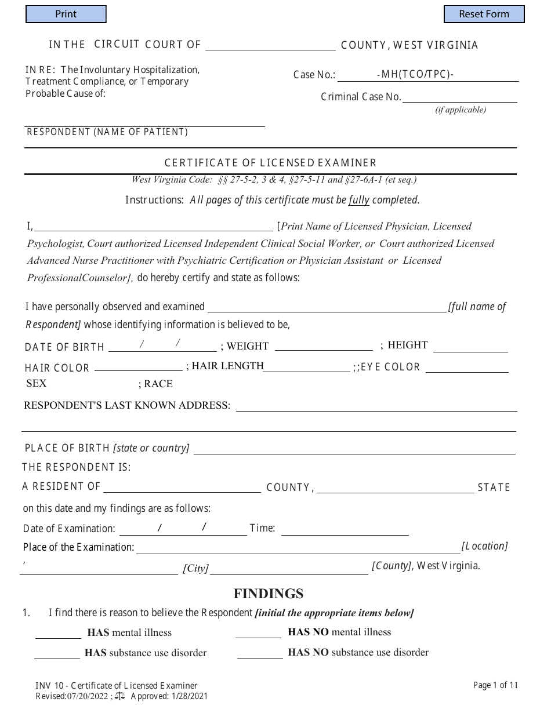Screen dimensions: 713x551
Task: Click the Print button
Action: click(x=66, y=14)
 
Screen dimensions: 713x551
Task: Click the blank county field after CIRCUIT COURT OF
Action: click(x=270, y=45)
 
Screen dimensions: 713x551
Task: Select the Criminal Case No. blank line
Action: click(x=459, y=97)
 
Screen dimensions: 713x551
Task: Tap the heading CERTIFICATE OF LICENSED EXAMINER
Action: click(x=270, y=163)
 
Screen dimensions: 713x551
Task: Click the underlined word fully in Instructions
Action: click(x=358, y=200)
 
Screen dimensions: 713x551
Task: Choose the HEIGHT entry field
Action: click(x=470, y=347)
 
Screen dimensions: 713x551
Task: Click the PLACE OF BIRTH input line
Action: click(x=354, y=449)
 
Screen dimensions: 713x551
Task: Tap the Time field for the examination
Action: click(x=345, y=529)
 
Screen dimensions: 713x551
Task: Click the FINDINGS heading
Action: click(x=269, y=594)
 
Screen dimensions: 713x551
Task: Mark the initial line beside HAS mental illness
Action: click(x=58, y=633)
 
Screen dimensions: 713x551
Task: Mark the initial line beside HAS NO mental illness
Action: click(x=258, y=633)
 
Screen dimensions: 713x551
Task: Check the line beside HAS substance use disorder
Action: click(x=57, y=653)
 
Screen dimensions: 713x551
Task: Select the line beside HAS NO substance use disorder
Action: click(x=260, y=653)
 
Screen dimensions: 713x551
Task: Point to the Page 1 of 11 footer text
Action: click(x=495, y=685)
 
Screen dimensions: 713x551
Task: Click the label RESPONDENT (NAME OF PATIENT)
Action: click(x=107, y=132)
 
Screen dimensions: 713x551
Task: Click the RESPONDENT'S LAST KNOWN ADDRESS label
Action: click(x=127, y=405)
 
